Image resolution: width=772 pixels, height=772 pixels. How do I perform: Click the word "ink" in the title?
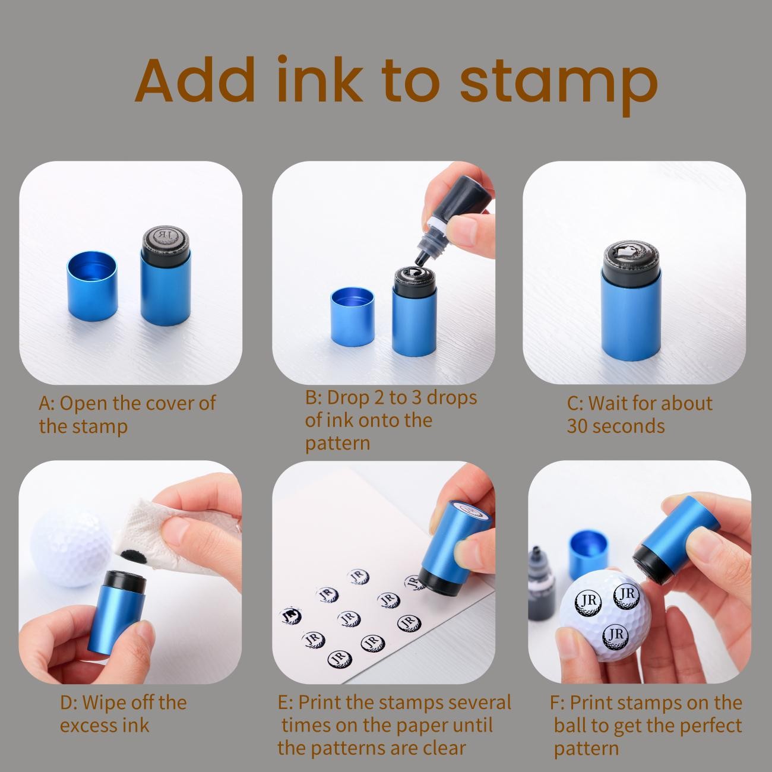pos(319,80)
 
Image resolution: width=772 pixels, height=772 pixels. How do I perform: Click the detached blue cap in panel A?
pos(92,286)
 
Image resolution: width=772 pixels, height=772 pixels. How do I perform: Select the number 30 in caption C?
pos(577,426)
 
